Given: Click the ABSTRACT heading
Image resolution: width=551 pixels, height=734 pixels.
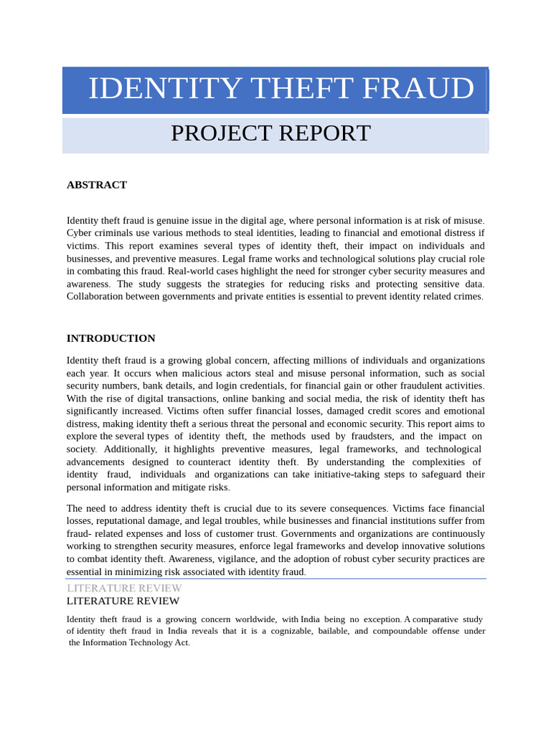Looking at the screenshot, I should click(97, 185).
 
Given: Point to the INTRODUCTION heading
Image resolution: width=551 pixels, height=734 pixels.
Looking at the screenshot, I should click(111, 338).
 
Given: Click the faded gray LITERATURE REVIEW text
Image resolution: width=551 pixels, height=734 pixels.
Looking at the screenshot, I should click(124, 588).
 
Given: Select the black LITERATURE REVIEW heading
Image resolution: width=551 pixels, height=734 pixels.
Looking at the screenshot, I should click(123, 601).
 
